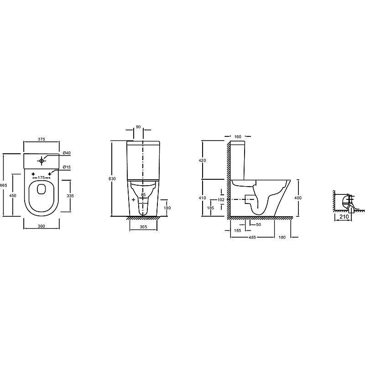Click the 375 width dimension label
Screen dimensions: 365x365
41,140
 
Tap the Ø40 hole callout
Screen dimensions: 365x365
67,153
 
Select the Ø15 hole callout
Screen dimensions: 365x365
67,167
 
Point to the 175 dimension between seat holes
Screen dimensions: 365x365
41,177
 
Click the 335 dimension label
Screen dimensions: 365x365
70,196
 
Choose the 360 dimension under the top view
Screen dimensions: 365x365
41,226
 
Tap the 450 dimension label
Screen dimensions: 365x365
13,196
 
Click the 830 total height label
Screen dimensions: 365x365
112,178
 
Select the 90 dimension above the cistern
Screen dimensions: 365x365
138,127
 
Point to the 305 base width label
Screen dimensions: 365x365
143,227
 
